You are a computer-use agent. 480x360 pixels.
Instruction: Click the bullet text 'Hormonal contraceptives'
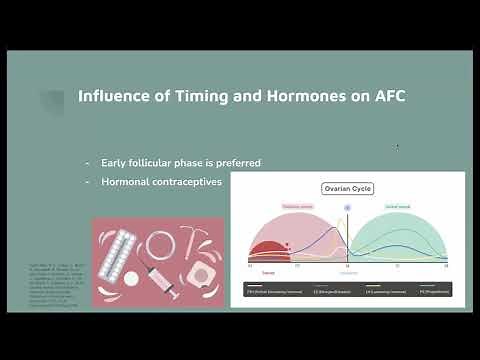pyautogui.click(x=161, y=182)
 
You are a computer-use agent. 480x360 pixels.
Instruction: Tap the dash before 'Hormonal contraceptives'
pyautogui.click(x=88, y=182)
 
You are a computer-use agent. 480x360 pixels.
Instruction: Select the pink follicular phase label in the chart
pyautogui.click(x=269, y=206)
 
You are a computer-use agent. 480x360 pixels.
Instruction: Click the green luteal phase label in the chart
pyautogui.click(x=399, y=206)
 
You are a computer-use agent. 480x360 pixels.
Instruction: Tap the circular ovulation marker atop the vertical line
pyautogui.click(x=348, y=208)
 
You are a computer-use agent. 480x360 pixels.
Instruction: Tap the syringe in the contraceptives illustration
pyautogui.click(x=161, y=275)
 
